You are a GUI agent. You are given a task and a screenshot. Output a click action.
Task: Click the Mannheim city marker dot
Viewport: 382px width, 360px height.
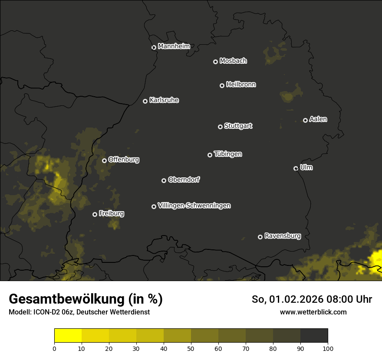point(154,48)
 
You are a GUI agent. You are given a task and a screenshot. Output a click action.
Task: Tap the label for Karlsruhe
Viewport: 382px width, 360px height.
point(164,100)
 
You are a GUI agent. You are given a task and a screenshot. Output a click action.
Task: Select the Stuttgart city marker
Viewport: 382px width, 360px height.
point(220,127)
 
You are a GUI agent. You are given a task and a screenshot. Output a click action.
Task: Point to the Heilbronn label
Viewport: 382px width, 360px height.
point(241,85)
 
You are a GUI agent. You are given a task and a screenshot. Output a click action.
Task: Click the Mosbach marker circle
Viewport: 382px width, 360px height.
point(215,62)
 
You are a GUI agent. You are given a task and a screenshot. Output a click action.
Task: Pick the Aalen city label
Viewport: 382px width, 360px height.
point(318,119)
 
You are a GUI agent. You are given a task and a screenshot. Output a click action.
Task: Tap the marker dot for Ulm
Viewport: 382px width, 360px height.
point(296,168)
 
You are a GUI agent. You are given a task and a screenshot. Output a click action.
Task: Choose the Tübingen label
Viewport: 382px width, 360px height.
point(228,154)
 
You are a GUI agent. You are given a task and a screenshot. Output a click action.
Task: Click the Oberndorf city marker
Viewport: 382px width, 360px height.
point(164,180)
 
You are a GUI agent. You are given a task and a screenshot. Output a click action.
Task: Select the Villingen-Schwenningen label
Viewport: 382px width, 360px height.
point(194,206)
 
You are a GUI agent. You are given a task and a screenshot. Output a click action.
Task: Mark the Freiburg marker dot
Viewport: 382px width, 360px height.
point(95,214)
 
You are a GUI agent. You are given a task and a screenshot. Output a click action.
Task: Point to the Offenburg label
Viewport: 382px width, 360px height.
point(124,160)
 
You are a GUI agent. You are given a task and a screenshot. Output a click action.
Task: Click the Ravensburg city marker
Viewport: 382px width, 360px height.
point(260,237)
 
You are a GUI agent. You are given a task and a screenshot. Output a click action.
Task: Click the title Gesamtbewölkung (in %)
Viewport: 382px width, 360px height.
point(86,299)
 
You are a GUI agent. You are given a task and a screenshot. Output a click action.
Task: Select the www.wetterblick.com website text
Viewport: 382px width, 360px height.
point(313,312)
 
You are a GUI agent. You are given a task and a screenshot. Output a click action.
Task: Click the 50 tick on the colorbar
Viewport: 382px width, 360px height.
point(191,348)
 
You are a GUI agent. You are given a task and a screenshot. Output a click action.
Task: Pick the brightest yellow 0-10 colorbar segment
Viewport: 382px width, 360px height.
point(68,335)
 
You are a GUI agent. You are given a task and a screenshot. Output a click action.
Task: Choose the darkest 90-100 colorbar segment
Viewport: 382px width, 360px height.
point(314,335)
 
